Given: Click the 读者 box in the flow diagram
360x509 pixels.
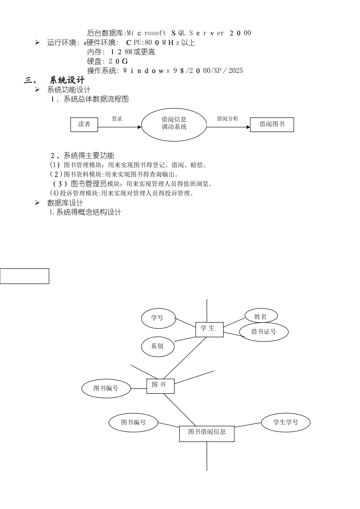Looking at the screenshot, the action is [84, 125].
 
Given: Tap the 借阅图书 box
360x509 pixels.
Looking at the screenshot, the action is [272, 124].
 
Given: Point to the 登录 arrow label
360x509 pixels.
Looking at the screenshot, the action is [117, 119].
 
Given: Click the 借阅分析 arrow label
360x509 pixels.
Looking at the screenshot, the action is [228, 119].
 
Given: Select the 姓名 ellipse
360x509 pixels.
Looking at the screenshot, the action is [261, 316].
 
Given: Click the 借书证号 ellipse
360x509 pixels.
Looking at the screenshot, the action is [264, 332].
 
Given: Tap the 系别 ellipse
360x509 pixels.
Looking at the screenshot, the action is [158, 346].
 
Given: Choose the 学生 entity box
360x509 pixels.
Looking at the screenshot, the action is [209, 329].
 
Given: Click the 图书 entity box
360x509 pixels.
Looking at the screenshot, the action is [160, 386].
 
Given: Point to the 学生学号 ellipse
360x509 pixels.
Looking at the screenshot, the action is [286, 422].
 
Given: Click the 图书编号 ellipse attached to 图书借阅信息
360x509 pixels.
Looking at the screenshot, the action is [133, 423].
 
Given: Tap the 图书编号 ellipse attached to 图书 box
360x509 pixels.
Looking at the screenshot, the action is [106, 388].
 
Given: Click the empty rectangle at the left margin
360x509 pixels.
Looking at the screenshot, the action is [25, 276].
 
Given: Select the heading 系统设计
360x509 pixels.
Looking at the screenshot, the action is [67, 80].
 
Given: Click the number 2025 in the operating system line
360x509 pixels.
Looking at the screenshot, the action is [236, 71].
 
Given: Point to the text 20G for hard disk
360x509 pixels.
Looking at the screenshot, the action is [118, 61].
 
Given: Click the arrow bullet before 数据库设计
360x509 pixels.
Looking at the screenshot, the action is [37, 203].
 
